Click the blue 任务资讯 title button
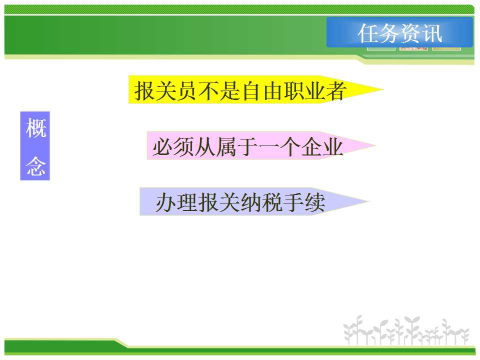[x=399, y=32]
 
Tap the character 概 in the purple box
[x=35, y=128]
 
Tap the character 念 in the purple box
[x=35, y=166]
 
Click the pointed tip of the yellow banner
[x=383, y=89]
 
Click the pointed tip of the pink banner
[x=375, y=145]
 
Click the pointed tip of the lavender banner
[x=368, y=201]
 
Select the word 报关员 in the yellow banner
[x=165, y=91]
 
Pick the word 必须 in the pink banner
[x=173, y=147]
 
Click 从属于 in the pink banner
[x=226, y=147]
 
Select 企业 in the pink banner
[x=322, y=147]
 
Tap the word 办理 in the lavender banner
[x=176, y=202]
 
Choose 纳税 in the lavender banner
[x=261, y=202]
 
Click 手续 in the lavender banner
[x=304, y=202]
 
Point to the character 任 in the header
[x=368, y=33]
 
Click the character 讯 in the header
[x=432, y=33]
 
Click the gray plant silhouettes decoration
[x=406, y=330]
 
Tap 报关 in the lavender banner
[x=219, y=202]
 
